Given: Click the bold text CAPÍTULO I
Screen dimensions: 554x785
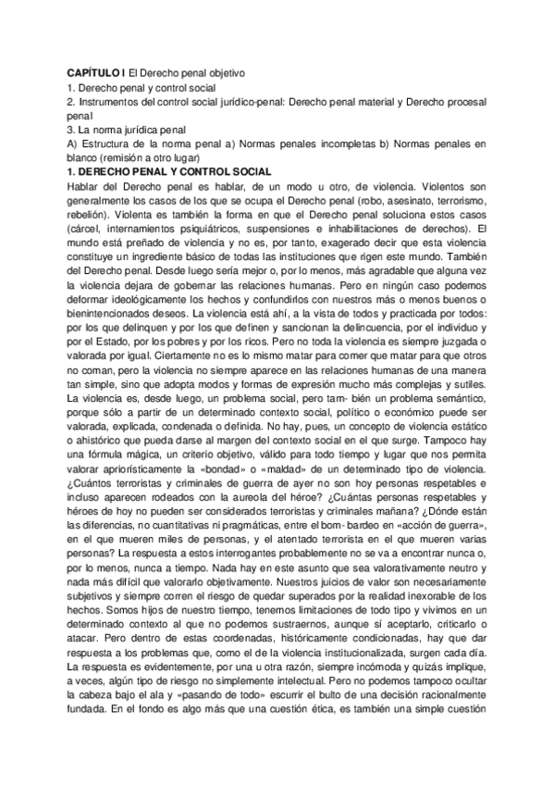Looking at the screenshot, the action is [96, 71].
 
